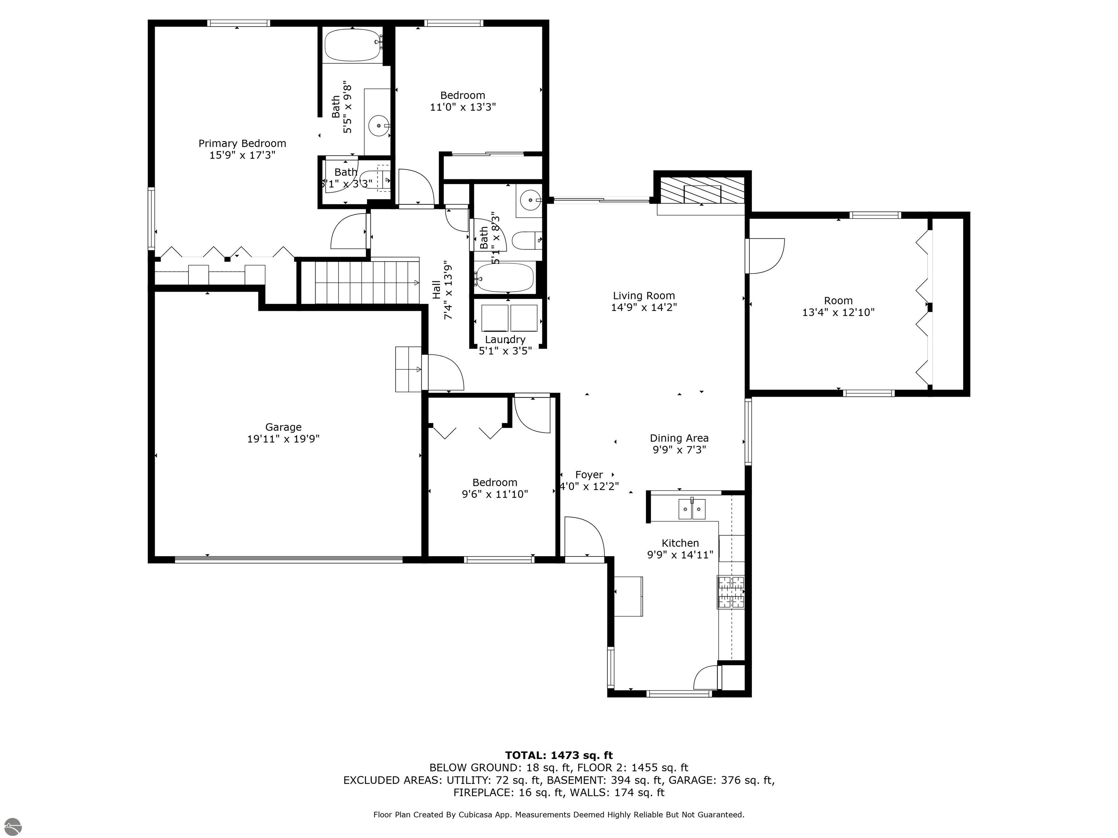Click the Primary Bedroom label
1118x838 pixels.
click(x=242, y=143)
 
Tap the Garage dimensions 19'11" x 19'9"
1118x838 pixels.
click(x=283, y=439)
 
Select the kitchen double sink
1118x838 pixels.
click(x=692, y=509)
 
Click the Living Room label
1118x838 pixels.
click(x=644, y=296)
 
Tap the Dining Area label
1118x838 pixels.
click(x=679, y=438)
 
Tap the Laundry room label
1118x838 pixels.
click(x=505, y=339)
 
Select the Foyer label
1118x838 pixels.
click(x=589, y=475)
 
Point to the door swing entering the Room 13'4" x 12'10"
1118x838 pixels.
click(x=766, y=256)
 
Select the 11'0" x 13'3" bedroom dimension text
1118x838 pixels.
click(x=463, y=107)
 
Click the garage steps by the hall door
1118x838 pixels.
click(x=408, y=369)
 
